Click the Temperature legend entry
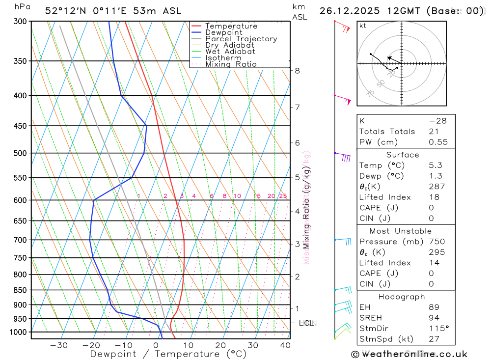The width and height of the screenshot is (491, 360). [x=231, y=26]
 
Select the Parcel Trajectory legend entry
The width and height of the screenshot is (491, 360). [x=241, y=39]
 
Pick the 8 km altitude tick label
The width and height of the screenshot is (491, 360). [x=297, y=71]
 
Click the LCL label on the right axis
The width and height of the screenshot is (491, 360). [x=306, y=323]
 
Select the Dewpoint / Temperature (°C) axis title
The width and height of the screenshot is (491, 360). [x=168, y=354]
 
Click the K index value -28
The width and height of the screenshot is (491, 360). [x=437, y=121]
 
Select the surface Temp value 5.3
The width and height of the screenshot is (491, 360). [x=435, y=166]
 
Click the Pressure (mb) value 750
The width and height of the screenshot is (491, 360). [x=436, y=242]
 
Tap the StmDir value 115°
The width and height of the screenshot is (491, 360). [x=437, y=329]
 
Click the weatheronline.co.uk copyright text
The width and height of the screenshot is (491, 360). [x=409, y=354]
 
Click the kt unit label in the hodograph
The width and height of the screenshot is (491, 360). [x=362, y=26]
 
